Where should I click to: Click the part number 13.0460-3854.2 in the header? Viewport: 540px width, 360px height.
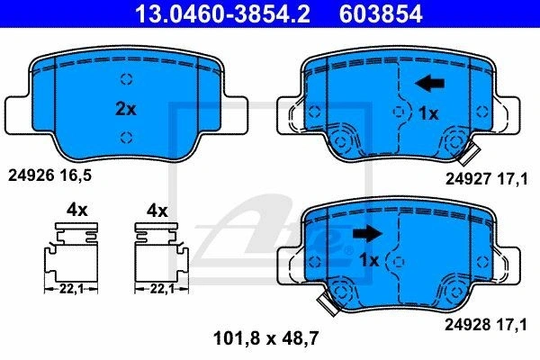point(222,13)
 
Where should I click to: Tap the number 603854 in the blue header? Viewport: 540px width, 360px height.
point(381,13)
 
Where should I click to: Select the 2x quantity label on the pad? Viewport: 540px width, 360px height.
point(126,109)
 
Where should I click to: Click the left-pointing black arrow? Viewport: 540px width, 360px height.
point(430,84)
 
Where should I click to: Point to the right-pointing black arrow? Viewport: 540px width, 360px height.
point(368,233)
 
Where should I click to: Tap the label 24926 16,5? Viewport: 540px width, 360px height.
point(49,175)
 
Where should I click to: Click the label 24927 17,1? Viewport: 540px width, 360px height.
point(486,179)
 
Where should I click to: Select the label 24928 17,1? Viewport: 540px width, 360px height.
point(486,325)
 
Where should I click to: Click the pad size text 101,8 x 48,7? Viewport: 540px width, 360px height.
point(265,338)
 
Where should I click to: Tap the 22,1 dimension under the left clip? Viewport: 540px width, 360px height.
point(71,289)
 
